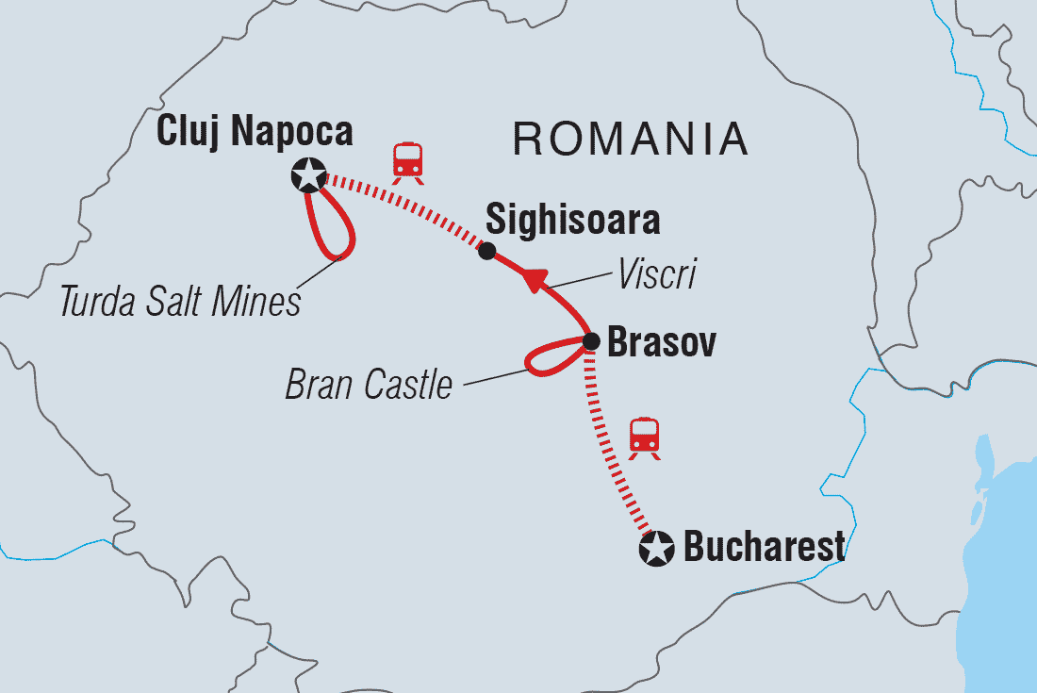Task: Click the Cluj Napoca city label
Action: coord(255,131)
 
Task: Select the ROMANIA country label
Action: coord(631,140)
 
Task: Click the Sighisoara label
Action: coord(572,221)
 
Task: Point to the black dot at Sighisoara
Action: coord(486,251)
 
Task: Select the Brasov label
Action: coord(661,343)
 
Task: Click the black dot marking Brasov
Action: coord(590,341)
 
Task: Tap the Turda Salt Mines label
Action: coord(179,302)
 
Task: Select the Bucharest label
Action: coord(764,548)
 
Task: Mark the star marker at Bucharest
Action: coord(656,549)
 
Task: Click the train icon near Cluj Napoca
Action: coord(407,161)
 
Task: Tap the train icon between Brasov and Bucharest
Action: coord(645,438)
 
